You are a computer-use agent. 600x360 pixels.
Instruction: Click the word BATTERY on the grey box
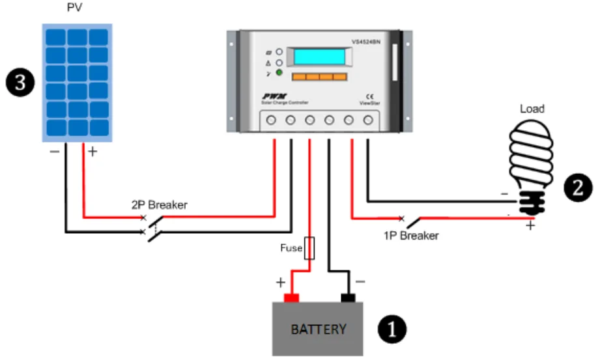319,329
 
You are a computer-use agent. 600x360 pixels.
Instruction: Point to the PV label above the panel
76,10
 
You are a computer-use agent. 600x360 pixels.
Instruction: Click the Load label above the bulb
532,109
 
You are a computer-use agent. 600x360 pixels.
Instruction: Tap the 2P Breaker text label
159,205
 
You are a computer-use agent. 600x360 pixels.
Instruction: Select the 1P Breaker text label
411,236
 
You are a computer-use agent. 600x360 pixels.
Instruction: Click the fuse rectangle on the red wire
309,248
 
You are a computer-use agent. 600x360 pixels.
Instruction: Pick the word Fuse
291,248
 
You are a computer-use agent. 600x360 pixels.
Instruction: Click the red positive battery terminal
291,298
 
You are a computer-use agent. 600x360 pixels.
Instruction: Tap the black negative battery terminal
349,298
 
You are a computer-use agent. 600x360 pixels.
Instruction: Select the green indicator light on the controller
279,72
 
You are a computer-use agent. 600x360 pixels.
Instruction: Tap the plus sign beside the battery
280,283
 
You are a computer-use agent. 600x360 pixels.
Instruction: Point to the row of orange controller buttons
319,77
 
